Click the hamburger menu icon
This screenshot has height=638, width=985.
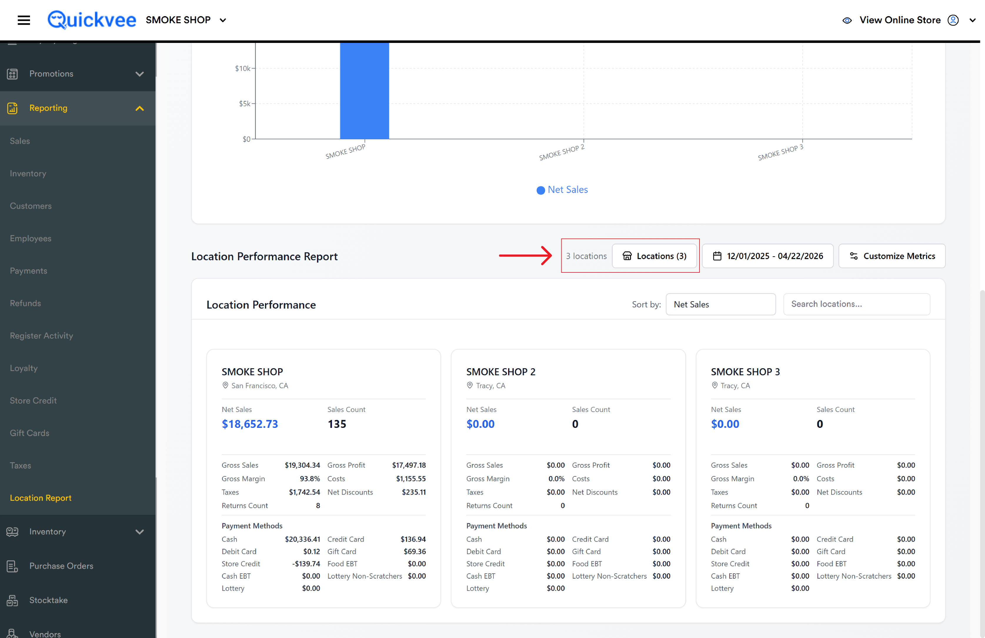pos(24,20)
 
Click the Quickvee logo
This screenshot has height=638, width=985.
pos(91,20)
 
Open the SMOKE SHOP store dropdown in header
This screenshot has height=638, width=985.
pos(186,20)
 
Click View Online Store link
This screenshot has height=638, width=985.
pos(900,20)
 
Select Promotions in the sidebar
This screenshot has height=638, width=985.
pos(51,74)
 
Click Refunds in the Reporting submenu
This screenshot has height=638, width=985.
pos(25,303)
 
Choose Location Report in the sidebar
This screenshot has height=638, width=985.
pos(41,498)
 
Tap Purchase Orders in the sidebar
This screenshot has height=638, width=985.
pos(61,566)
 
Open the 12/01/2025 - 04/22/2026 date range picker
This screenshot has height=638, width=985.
pos(768,256)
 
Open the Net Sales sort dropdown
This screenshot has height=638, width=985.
pos(721,304)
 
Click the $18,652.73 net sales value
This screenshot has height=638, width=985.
pos(250,424)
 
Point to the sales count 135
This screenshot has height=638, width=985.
pos(337,424)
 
